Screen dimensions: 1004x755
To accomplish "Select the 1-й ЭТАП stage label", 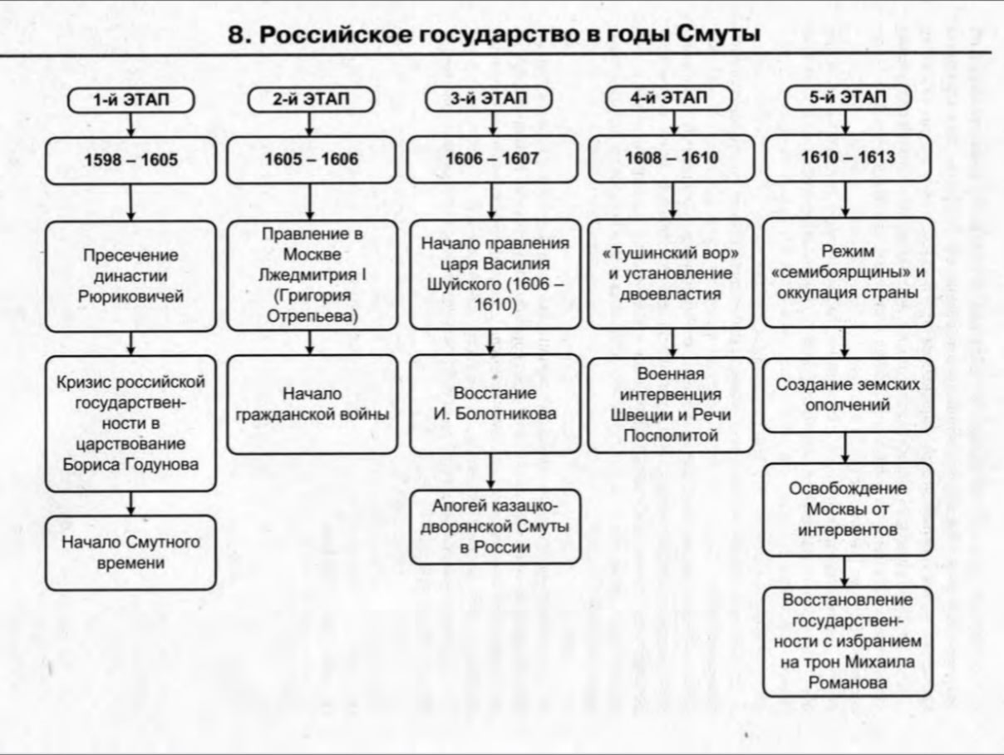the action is pyautogui.click(x=130, y=101).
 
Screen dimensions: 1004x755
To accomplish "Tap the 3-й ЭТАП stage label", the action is pyautogui.click(x=489, y=99).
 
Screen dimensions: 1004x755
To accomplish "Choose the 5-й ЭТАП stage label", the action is pyautogui.click(x=848, y=97).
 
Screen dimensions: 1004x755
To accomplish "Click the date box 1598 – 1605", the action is pyautogui.click(x=130, y=160).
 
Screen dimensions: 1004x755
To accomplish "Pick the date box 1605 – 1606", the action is pyautogui.click(x=312, y=160).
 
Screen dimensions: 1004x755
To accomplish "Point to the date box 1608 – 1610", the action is pyautogui.click(x=671, y=158).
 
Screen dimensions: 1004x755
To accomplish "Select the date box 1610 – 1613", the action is pyautogui.click(x=848, y=157).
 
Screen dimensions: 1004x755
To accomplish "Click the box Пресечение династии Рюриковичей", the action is pyautogui.click(x=130, y=276).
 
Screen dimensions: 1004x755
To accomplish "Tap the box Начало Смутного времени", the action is pyautogui.click(x=130, y=553).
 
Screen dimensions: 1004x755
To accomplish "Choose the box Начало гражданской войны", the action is pyautogui.click(x=312, y=404).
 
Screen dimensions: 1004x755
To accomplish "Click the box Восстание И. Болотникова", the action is pyautogui.click(x=495, y=403).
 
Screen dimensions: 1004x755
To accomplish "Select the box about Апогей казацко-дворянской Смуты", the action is pyautogui.click(x=495, y=526).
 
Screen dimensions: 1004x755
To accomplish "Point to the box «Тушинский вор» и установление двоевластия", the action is pyautogui.click(x=671, y=274).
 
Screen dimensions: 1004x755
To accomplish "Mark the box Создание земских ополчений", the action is pyautogui.click(x=848, y=395).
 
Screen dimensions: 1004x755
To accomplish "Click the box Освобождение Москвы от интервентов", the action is pyautogui.click(x=848, y=510).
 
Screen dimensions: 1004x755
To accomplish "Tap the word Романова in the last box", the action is pyautogui.click(x=848, y=683).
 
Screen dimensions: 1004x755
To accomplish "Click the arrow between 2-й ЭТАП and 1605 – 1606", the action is pyautogui.click(x=310, y=124).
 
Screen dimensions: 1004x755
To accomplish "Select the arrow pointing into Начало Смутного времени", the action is pyautogui.click(x=130, y=504).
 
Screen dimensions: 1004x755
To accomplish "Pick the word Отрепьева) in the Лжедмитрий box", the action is pyautogui.click(x=312, y=316).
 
